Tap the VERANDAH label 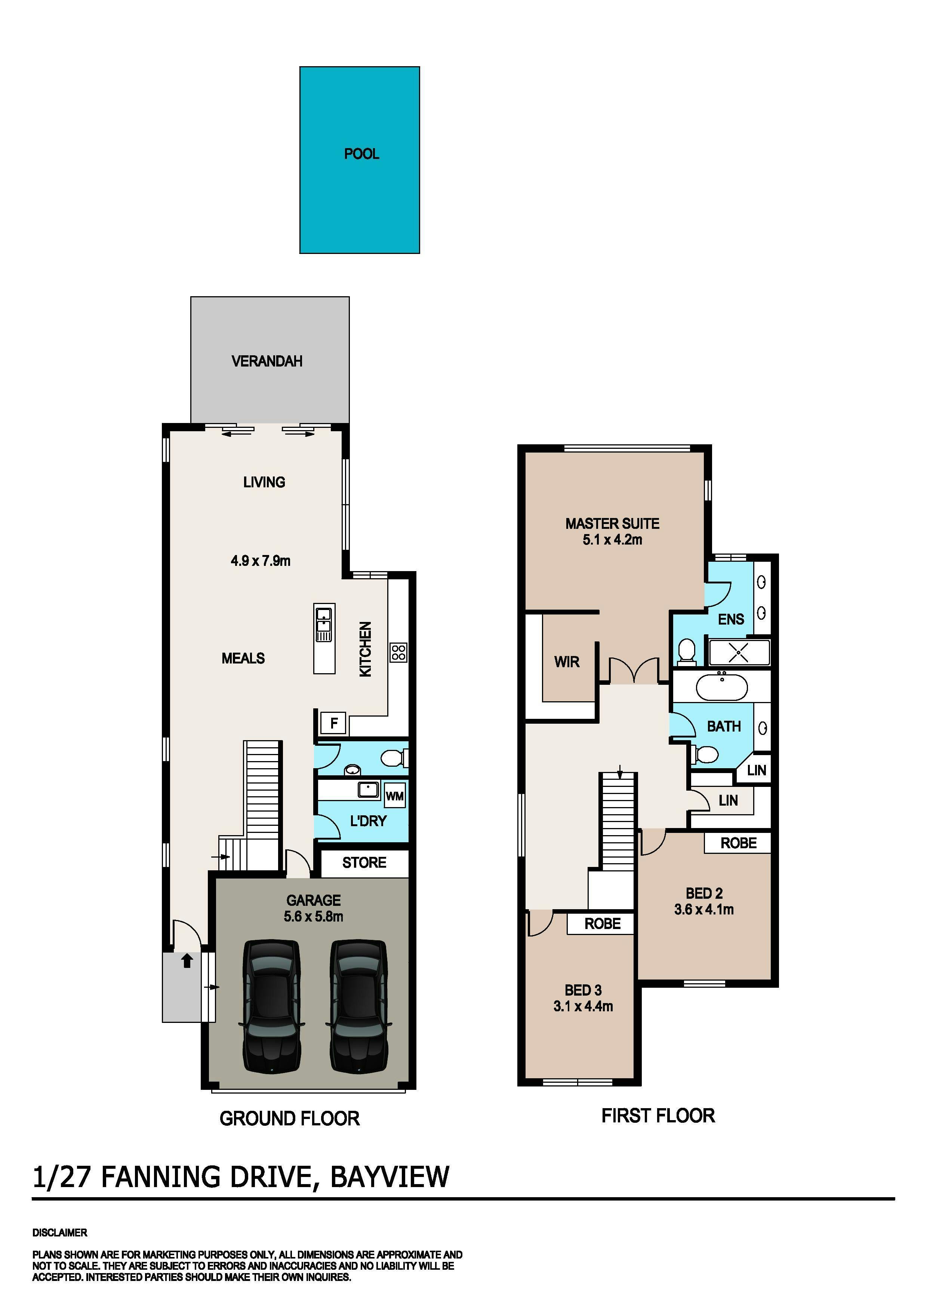point(267,361)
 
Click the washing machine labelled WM point(395,796)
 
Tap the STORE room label point(364,862)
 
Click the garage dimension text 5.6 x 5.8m point(314,917)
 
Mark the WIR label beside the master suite point(567,662)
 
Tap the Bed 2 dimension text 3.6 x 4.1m point(704,909)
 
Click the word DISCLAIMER point(59,1233)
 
